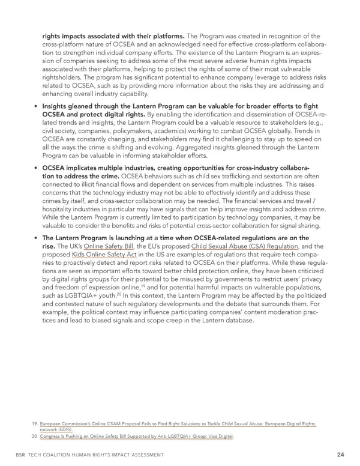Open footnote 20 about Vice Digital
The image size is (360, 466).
(137, 436)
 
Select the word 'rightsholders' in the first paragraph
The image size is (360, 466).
(62, 78)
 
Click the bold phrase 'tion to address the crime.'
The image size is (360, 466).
(81, 177)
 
